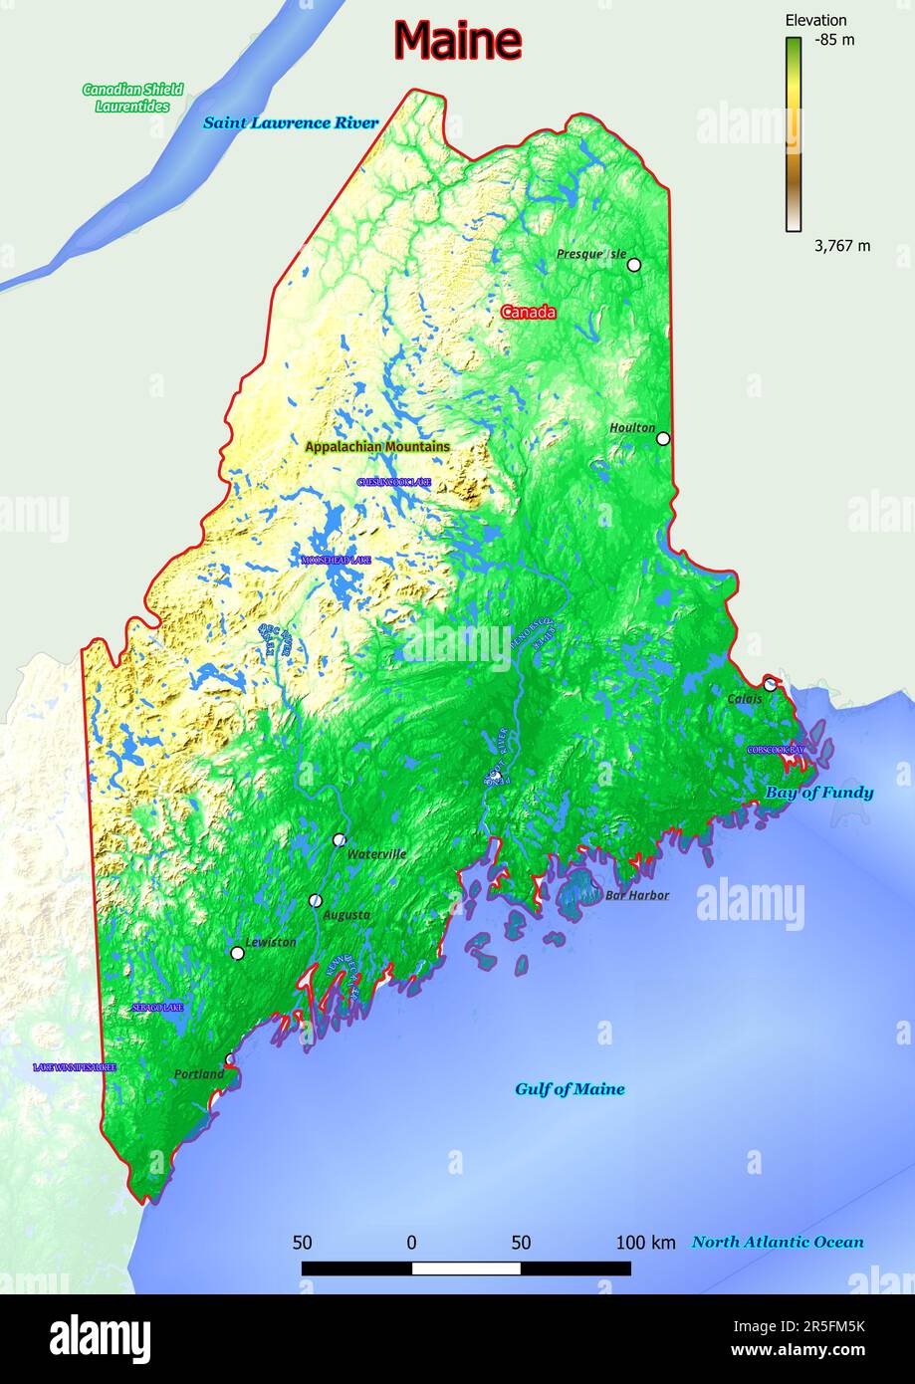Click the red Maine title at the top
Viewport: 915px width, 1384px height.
coord(457,41)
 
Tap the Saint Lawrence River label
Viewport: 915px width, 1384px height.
coord(291,122)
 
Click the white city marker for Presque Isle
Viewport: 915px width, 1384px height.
coord(633,265)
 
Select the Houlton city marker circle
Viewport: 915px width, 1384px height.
coord(663,438)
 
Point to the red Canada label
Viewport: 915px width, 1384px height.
coord(528,312)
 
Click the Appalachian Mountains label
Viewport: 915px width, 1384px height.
coord(376,447)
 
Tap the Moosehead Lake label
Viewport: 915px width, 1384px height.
coord(337,561)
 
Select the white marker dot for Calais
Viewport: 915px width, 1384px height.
coord(770,684)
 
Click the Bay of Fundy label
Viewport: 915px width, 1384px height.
coord(818,793)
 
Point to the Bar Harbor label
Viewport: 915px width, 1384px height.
coord(637,895)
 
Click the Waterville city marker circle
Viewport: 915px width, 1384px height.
coord(340,839)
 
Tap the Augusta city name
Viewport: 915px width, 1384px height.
coord(346,914)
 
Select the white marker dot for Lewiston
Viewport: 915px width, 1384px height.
coord(237,953)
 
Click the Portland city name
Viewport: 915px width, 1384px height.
coord(199,1074)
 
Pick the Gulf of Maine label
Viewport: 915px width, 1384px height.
coord(570,1089)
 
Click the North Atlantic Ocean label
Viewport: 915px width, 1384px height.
coord(778,1242)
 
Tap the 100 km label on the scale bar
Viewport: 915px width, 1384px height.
coord(645,1243)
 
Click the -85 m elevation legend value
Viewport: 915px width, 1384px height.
coord(834,40)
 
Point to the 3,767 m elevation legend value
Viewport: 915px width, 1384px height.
coord(842,246)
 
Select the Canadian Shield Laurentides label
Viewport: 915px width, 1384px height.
coord(132,98)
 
